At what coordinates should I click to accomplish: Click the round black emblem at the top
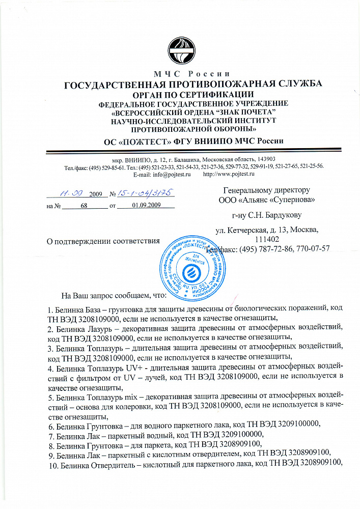point(182,51)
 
